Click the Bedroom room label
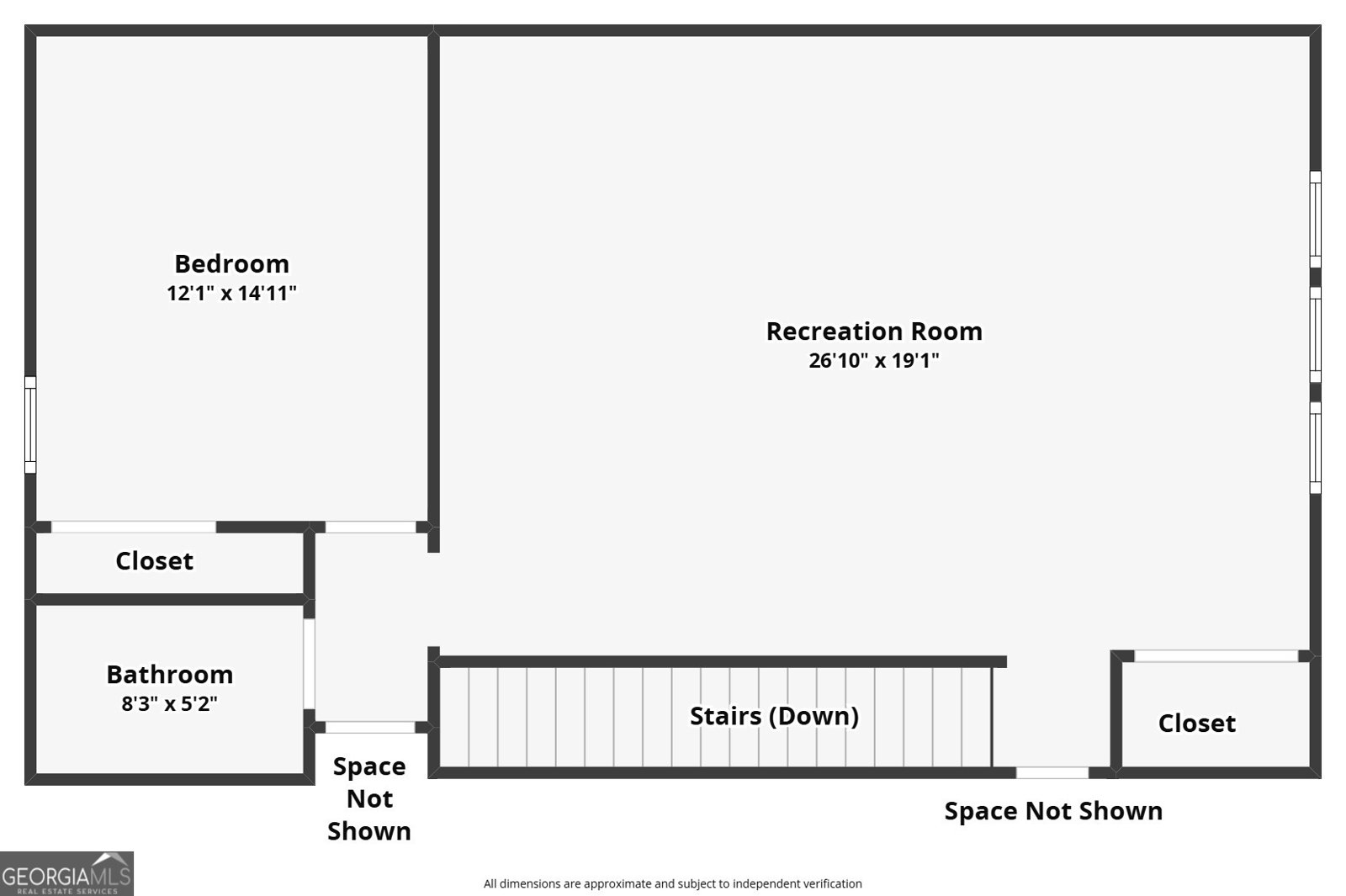[231, 264]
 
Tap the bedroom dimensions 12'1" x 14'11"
[231, 294]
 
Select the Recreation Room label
[874, 331]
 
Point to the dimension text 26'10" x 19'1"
[874, 361]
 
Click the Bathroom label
[169, 674]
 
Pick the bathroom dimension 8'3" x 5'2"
[169, 703]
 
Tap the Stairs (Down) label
[774, 716]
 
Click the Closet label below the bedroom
[155, 560]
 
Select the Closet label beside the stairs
[1197, 723]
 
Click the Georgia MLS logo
[66, 874]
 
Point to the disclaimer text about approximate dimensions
[672, 883]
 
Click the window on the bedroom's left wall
[30, 425]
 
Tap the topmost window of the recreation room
[1316, 220]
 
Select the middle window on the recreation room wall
[1316, 335]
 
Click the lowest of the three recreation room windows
[1316, 448]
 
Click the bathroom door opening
[309, 664]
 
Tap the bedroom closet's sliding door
[134, 527]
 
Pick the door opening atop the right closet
[1216, 655]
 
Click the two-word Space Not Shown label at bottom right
[1053, 811]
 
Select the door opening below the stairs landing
[1052, 773]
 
